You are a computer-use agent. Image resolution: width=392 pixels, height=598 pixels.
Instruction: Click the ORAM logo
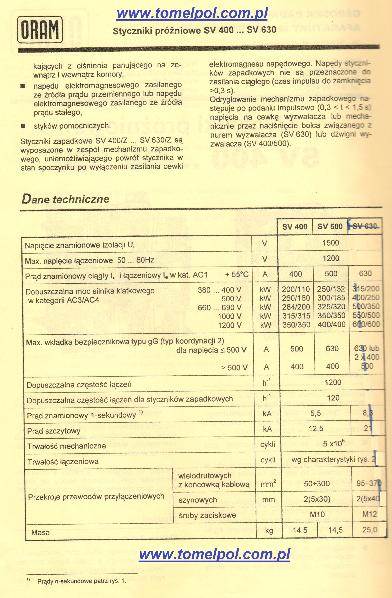[x=40, y=30]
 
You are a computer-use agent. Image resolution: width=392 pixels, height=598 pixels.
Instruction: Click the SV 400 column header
[x=295, y=227]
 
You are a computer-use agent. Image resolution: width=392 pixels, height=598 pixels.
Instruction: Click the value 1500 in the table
[x=330, y=243]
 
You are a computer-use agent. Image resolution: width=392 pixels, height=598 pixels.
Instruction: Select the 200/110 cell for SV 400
[x=296, y=289]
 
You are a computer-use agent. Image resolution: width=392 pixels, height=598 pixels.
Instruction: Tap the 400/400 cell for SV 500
[x=331, y=324]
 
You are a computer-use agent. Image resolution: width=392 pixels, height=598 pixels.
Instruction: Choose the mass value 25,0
[x=370, y=530]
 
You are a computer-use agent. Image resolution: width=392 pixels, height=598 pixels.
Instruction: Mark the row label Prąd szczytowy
[x=53, y=431]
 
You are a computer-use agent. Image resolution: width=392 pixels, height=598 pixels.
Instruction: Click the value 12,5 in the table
[x=316, y=428]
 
